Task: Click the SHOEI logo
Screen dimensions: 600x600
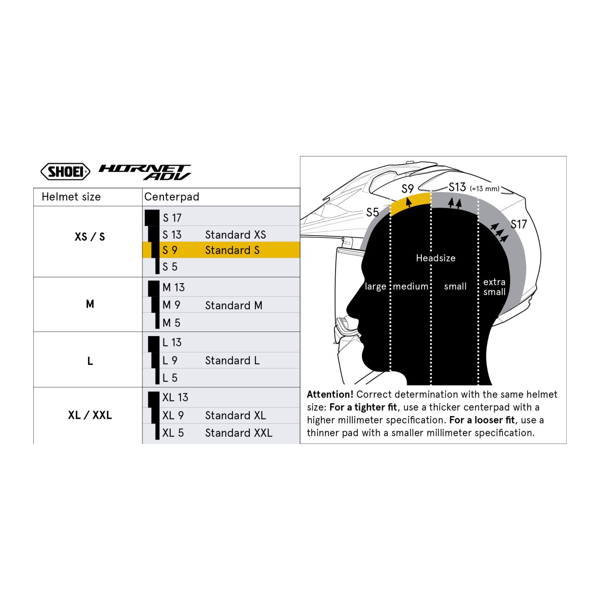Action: [65, 172]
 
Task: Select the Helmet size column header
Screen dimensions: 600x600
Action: [71, 197]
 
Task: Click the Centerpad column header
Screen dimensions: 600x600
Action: [172, 197]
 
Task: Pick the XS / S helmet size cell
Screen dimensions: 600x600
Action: [90, 237]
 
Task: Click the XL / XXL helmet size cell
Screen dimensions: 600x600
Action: [90, 415]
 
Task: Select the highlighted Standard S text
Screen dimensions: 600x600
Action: [232, 250]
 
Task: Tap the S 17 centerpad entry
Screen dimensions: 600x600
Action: [172, 218]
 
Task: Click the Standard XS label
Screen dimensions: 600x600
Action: [235, 235]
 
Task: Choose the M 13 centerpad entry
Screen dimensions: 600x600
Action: [173, 288]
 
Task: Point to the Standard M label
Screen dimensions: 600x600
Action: [233, 305]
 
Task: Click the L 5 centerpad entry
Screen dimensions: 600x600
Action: [170, 378]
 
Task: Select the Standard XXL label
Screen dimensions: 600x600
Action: [238, 433]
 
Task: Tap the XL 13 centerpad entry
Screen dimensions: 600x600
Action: [175, 397]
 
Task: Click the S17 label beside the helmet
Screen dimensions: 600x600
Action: [519, 224]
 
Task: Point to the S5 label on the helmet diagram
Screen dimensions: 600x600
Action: [372, 212]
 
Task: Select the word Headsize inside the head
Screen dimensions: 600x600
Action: [436, 258]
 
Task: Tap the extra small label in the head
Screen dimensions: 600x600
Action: [494, 287]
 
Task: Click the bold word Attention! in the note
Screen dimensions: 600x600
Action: [330, 394]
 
